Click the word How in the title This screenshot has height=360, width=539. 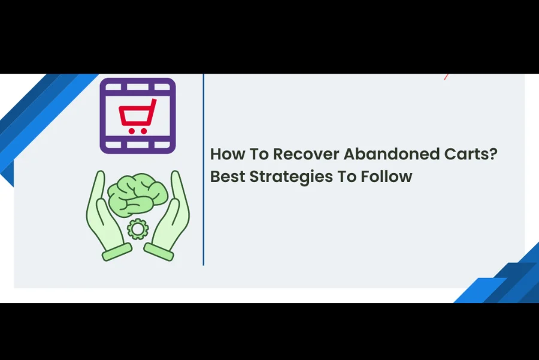(x=227, y=154)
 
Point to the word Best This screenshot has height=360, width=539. (x=228, y=176)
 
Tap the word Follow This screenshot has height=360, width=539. (x=386, y=176)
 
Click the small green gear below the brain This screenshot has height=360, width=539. (x=138, y=229)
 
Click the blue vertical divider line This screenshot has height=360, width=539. (x=204, y=170)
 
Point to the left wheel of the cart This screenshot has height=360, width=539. (x=131, y=131)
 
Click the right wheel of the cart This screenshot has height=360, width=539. (x=144, y=131)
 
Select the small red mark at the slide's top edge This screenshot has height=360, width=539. (x=446, y=77)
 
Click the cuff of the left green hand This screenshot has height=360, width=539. (x=117, y=252)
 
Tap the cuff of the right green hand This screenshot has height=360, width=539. (x=159, y=252)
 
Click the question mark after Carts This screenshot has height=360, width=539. (x=493, y=154)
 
